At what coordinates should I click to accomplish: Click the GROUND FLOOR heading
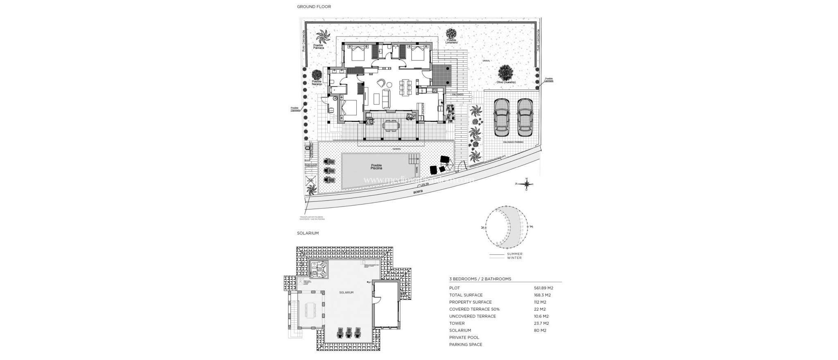(314, 7)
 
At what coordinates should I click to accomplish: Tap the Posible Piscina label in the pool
(376, 167)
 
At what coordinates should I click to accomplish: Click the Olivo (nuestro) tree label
(506, 82)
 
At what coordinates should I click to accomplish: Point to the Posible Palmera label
(318, 47)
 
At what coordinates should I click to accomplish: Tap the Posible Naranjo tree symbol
(317, 75)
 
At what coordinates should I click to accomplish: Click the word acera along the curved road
(417, 191)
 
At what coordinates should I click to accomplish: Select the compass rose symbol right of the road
(527, 184)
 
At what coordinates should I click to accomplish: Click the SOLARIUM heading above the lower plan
(308, 233)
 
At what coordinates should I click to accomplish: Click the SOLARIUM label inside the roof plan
(346, 293)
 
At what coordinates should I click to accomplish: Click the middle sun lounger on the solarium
(349, 332)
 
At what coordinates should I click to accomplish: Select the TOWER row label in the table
(456, 323)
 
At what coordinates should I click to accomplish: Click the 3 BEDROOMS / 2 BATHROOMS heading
(480, 279)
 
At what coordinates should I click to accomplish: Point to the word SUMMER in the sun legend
(514, 254)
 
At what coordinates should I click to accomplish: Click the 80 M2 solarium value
(540, 331)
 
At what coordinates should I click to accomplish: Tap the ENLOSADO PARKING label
(513, 142)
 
